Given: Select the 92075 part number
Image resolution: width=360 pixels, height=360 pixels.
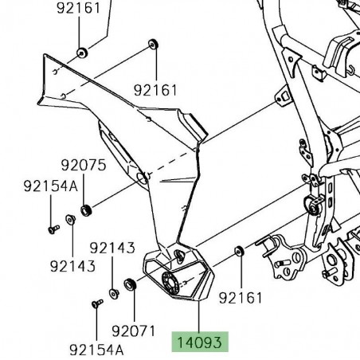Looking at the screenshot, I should pos(83,166).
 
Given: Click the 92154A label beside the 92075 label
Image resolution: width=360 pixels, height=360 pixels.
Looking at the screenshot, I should pos(51,186).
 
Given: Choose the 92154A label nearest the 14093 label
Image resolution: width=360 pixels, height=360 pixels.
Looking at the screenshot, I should pos(96,349).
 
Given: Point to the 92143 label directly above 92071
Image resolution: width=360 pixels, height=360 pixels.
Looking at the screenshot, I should pos(112,248).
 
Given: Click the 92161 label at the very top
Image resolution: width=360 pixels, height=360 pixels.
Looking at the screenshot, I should pos(79,10).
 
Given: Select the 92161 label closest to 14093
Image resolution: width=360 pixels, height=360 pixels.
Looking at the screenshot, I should pos(241,297).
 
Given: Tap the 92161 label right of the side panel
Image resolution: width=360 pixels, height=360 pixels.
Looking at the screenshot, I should pos(155,90).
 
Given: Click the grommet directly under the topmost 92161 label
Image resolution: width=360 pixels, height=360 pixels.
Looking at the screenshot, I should pos(80,53).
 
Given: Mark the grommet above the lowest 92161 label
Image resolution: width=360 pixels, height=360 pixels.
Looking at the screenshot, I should pos(239,252).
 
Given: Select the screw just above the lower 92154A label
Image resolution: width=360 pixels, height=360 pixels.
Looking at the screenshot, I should pos(96,303).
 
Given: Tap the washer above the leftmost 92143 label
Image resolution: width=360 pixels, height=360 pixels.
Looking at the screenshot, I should pos(70,220).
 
